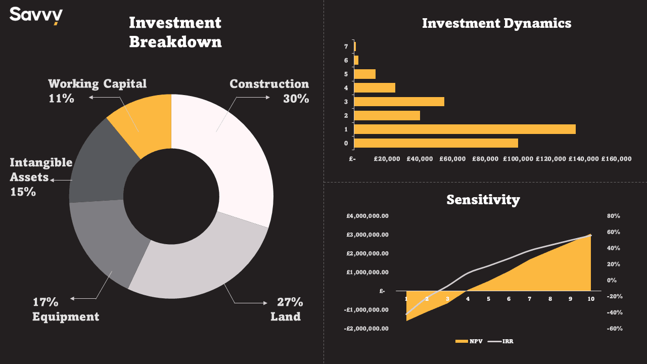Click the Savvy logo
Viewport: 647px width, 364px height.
point(36,16)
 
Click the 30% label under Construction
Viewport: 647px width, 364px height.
point(296,99)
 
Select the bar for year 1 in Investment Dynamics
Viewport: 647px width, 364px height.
point(465,129)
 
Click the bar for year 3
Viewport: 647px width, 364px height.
point(399,102)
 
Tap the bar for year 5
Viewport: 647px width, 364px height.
point(365,74)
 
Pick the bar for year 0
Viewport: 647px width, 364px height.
point(436,143)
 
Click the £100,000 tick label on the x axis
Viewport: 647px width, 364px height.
point(518,159)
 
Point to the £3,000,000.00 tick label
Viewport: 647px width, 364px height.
point(367,235)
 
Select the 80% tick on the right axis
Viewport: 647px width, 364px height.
point(614,216)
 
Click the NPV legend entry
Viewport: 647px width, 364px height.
point(469,341)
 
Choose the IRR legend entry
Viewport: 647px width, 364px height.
point(500,341)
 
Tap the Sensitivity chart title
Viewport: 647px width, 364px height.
point(483,200)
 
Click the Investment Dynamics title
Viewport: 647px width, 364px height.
point(496,23)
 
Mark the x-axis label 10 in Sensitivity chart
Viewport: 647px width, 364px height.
point(591,299)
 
